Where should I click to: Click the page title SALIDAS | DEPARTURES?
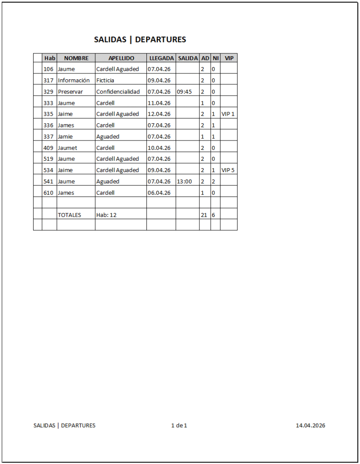coord(140,39)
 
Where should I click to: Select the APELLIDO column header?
coord(121,58)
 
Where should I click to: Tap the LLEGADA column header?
coord(161,58)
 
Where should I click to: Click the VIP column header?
coord(229,58)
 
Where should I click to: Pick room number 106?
coord(49,69)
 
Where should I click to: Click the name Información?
coord(73,80)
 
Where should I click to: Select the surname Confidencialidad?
coord(118,92)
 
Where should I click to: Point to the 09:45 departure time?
coord(184,92)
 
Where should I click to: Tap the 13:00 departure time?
coord(184,181)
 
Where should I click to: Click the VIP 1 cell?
coord(228,114)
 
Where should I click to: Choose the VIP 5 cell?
coord(228,170)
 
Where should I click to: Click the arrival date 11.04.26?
coord(159,103)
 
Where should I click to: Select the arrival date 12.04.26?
coord(159,114)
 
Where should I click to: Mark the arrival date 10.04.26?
coord(159,148)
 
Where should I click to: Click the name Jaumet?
coord(67,148)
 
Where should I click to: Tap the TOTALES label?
coord(69,215)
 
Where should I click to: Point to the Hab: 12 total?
coord(106,215)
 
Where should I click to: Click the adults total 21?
coord(204,215)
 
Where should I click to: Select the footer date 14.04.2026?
coord(310,425)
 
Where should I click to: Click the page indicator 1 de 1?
coord(179,425)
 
